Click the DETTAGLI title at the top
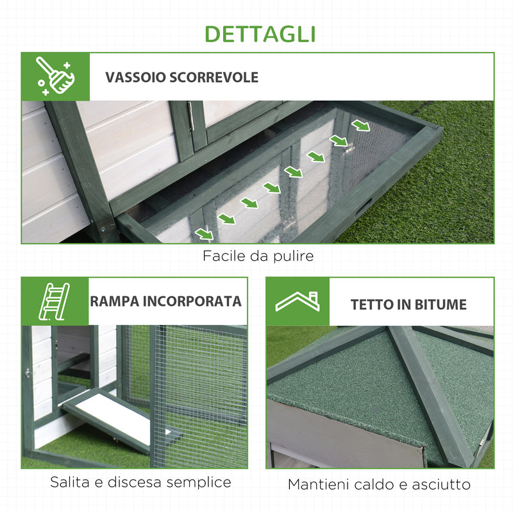[260, 33]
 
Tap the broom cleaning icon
[55, 76]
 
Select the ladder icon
[55, 301]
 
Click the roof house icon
[298, 301]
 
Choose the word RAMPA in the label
[113, 301]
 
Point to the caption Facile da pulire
[258, 256]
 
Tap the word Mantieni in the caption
[317, 485]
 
